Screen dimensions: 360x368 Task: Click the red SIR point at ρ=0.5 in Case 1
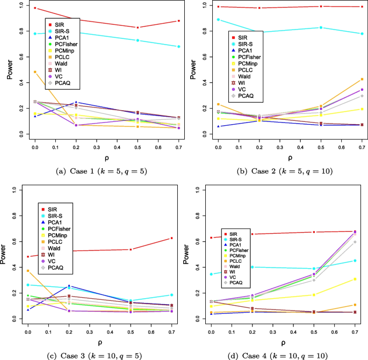(138, 27)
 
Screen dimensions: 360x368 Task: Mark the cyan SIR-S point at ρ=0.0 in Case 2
(218, 19)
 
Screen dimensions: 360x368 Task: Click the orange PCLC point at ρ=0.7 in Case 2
(362, 80)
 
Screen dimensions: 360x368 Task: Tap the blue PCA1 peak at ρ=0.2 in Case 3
(69, 286)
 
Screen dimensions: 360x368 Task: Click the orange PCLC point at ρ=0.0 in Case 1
(34, 71)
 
